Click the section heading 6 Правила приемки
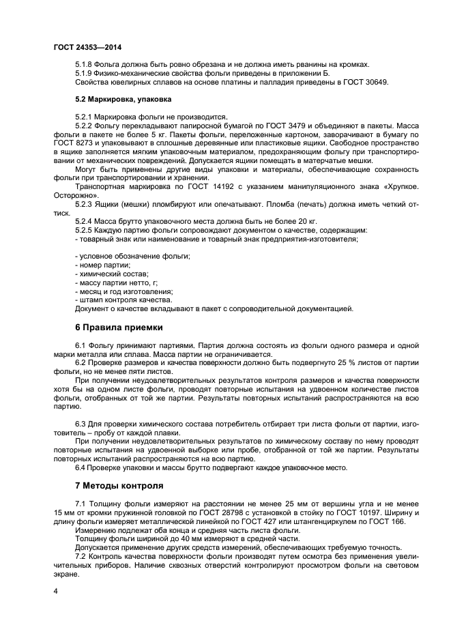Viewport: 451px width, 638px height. click(x=119, y=326)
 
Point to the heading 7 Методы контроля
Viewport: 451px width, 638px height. click(x=119, y=486)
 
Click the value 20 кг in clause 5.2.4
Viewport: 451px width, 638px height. click(x=304, y=221)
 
